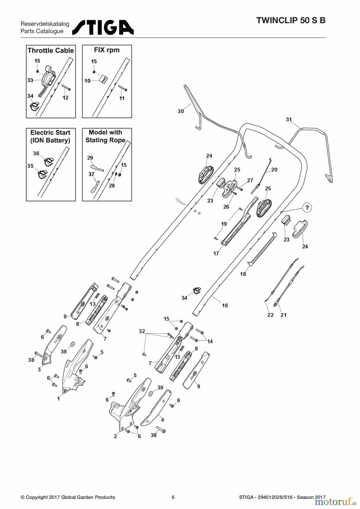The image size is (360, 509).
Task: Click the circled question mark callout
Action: click(x=307, y=208)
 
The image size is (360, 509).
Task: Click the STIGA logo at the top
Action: click(x=103, y=27)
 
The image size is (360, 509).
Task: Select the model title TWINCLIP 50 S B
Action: click(x=291, y=21)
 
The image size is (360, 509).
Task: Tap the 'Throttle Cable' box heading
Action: click(x=51, y=51)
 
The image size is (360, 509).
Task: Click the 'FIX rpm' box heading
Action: click(x=107, y=50)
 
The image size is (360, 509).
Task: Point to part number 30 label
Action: click(x=181, y=111)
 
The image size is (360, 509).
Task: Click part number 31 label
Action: click(x=289, y=120)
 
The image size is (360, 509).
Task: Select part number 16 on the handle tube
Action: click(x=225, y=305)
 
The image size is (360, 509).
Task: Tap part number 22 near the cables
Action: click(x=271, y=315)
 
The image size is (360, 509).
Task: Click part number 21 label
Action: click(x=283, y=315)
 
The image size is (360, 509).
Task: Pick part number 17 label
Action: click(x=216, y=254)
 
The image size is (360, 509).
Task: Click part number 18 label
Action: click(x=243, y=274)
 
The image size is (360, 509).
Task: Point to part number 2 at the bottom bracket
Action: click(x=115, y=436)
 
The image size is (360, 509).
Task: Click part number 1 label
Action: click(x=59, y=399)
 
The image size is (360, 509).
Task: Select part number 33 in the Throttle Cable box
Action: click(x=30, y=80)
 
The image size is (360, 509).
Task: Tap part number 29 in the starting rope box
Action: click(x=90, y=158)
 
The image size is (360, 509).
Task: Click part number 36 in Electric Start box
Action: click(x=36, y=153)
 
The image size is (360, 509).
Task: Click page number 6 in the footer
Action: click(x=173, y=497)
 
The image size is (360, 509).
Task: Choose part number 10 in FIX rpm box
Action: click(x=87, y=81)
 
